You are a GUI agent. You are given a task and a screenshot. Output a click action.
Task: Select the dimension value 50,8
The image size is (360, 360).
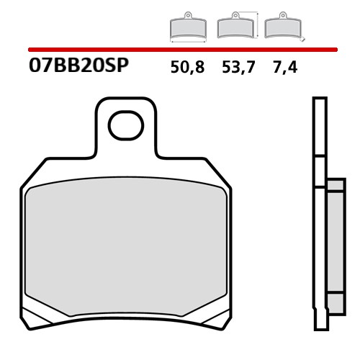(x=187, y=68)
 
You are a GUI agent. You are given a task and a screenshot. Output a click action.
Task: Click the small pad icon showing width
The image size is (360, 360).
(x=187, y=28)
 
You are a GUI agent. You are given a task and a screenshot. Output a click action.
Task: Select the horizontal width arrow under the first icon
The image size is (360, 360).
(x=187, y=41)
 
